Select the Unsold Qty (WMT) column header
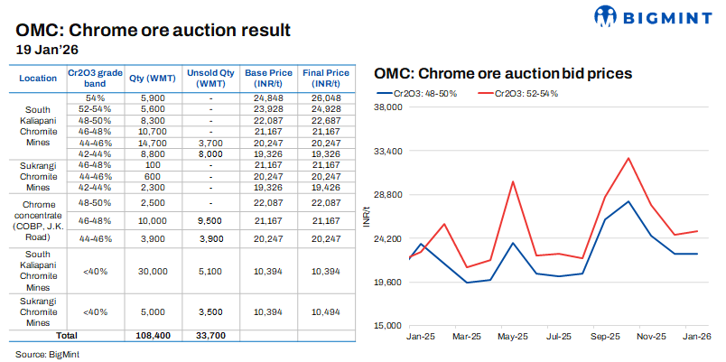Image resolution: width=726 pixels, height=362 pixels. [209, 78]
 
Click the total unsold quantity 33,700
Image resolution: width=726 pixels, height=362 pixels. [209, 335]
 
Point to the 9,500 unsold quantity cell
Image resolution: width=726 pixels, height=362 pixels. [209, 220]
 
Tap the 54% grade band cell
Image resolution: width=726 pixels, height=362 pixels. [96, 97]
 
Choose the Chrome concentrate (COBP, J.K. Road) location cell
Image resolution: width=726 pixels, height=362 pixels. [38, 220]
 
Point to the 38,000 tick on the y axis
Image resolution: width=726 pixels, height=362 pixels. [388, 107]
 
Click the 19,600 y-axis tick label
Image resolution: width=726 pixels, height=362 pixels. [388, 282]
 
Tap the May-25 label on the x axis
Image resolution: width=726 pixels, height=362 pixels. [513, 337]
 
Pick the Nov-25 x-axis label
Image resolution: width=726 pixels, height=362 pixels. [651, 337]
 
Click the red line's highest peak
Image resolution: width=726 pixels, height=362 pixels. [628, 158]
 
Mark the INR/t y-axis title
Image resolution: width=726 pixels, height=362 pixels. [368, 216]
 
